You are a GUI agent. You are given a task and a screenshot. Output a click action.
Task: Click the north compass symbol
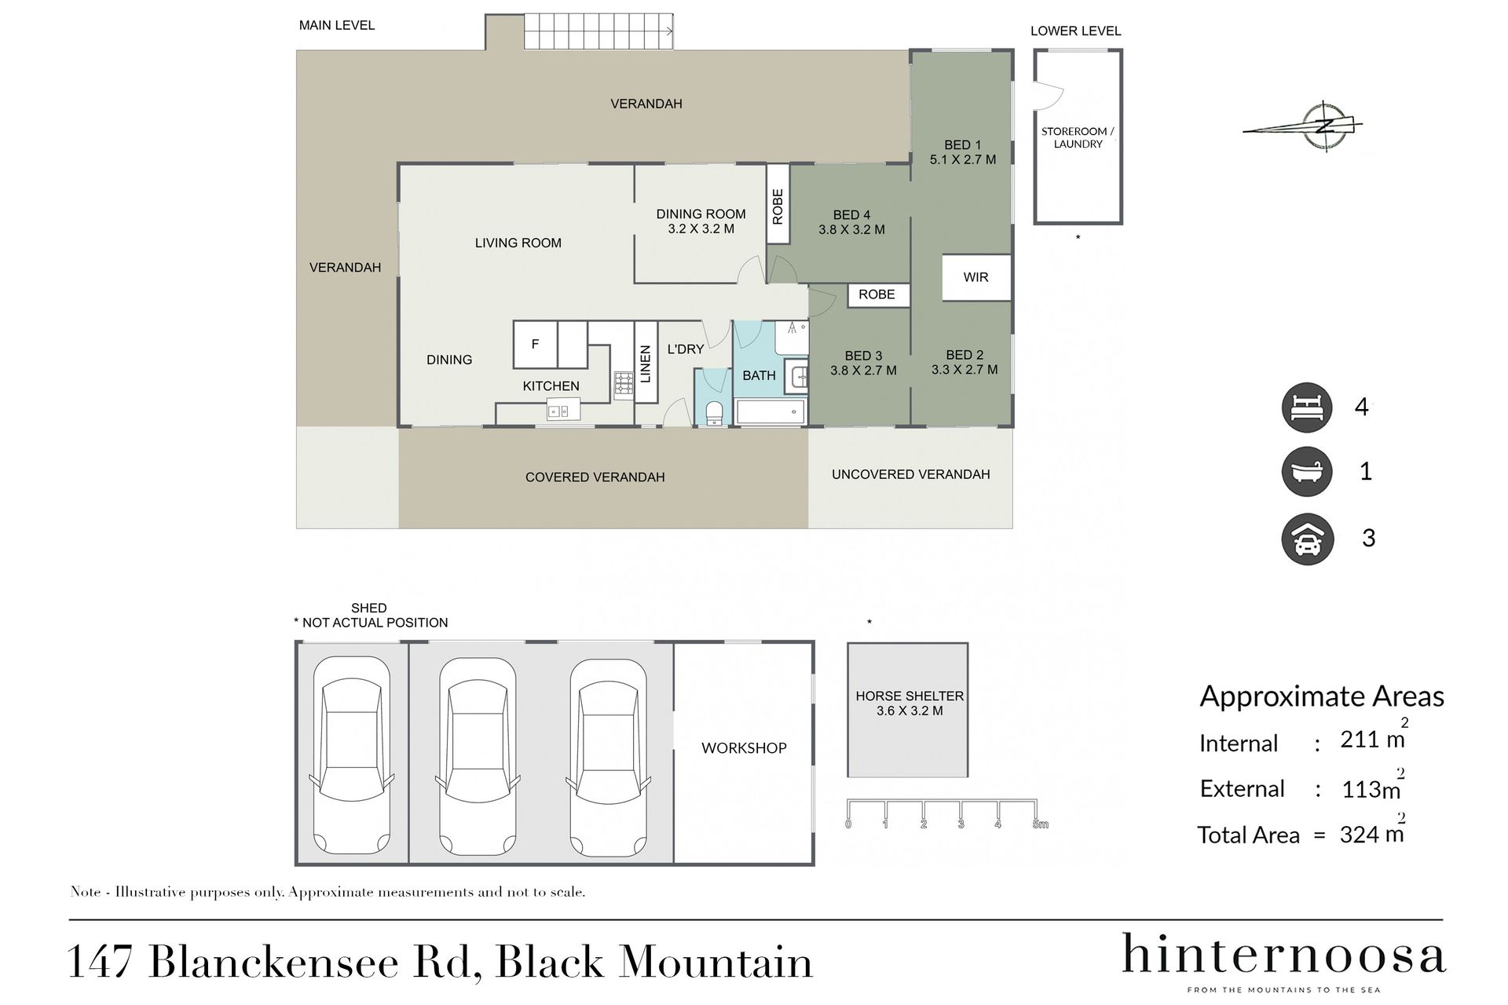coord(1325,126)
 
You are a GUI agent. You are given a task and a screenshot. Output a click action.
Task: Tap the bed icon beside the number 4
coord(1307,407)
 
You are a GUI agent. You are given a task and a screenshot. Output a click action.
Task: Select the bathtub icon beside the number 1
coord(1307,472)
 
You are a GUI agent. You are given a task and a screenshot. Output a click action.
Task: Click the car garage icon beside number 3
coord(1307,539)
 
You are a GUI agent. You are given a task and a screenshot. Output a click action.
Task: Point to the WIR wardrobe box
coord(975,277)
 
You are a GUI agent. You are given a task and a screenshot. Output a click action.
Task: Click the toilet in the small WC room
coord(714,412)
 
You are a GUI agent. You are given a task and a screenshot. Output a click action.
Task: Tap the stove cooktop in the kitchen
coord(624,383)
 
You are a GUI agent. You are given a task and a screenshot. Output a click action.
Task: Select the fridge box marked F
coord(536,344)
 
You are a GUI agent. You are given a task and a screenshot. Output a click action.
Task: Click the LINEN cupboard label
coord(646,364)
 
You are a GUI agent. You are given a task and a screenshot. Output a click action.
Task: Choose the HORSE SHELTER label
coord(910,696)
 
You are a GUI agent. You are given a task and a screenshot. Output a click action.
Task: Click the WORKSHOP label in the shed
coord(744,748)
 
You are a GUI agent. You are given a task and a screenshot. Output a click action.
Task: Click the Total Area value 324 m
coord(1371,834)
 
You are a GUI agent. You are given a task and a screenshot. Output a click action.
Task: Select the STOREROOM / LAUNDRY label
coord(1078,137)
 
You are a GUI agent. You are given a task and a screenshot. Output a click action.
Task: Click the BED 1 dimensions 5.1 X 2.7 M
coord(963,159)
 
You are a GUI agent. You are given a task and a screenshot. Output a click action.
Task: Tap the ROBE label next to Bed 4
coord(778,206)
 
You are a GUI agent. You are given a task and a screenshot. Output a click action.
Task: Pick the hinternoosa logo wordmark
coord(1283,956)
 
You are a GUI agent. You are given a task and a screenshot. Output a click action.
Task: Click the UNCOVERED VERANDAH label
coord(910,474)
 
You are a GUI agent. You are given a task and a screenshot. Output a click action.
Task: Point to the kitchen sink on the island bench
coord(558,411)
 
